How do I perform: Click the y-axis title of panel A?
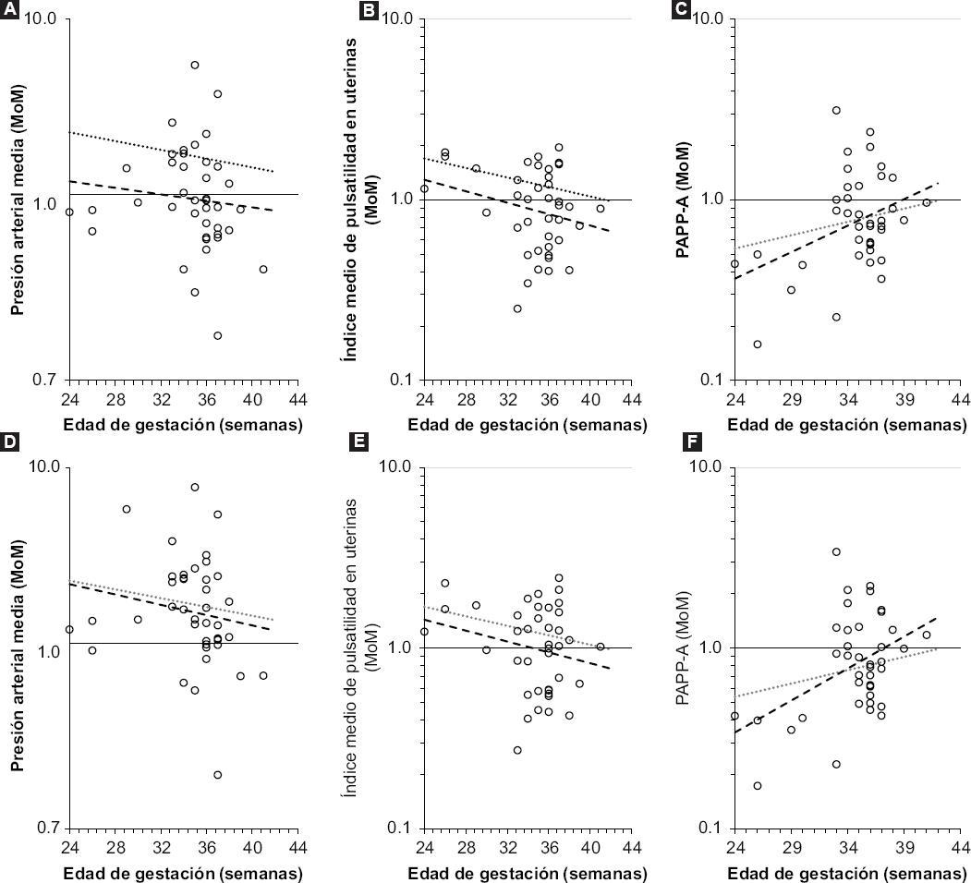pyautogui.click(x=17, y=199)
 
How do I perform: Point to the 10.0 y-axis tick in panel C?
pyautogui.click(x=707, y=18)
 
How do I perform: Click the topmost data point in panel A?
pyautogui.click(x=195, y=65)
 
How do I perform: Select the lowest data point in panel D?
pyautogui.click(x=218, y=775)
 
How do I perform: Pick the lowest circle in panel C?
pyautogui.click(x=758, y=345)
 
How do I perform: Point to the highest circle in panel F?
pyautogui.click(x=836, y=552)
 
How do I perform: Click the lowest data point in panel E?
pyautogui.click(x=517, y=750)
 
